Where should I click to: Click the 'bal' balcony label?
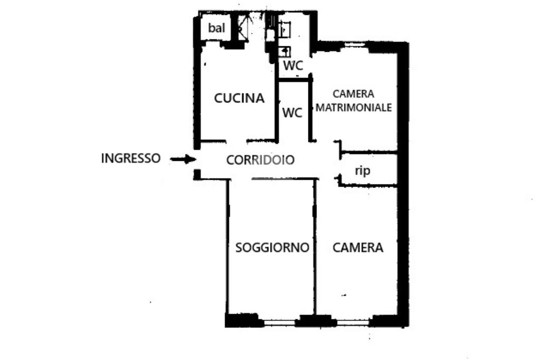(x=216, y=28)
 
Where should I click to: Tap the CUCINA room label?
(x=239, y=99)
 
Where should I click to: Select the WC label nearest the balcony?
(x=293, y=65)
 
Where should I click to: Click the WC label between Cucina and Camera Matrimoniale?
(x=292, y=113)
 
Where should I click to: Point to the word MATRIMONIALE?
(x=354, y=108)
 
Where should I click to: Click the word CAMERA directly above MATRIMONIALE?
(x=353, y=94)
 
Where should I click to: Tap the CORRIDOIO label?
(x=261, y=160)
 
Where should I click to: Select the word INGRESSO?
(x=131, y=158)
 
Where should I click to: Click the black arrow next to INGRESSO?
(x=183, y=159)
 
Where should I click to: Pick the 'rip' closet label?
(x=363, y=170)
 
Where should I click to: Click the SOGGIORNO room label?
(x=272, y=247)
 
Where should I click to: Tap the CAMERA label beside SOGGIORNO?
(x=358, y=247)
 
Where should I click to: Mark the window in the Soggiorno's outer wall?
(x=279, y=323)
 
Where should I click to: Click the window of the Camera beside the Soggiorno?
(x=353, y=323)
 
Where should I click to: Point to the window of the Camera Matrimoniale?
(x=354, y=45)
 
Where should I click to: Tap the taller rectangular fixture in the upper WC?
(x=284, y=30)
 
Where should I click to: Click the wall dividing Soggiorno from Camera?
(x=315, y=247)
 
